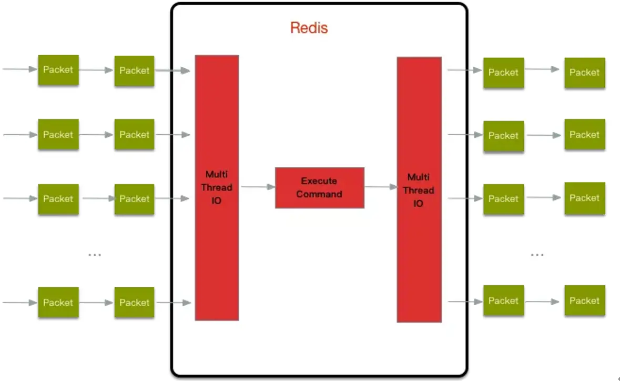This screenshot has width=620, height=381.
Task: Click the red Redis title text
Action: click(309, 28)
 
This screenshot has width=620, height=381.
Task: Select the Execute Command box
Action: click(320, 187)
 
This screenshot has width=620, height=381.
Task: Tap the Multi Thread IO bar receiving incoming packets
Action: click(217, 187)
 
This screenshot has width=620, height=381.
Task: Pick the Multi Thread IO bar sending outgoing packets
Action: click(419, 189)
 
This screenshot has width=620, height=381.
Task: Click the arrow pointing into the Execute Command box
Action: click(258, 187)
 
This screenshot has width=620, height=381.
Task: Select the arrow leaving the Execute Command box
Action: click(381, 187)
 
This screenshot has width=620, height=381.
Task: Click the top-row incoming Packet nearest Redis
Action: click(135, 71)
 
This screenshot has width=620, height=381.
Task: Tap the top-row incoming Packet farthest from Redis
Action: click(58, 70)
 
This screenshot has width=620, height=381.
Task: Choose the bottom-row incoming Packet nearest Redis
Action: click(135, 302)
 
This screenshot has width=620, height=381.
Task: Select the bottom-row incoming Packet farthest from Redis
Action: click(58, 302)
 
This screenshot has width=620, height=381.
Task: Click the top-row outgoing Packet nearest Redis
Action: click(503, 73)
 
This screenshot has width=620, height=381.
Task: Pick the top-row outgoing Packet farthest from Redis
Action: click(584, 73)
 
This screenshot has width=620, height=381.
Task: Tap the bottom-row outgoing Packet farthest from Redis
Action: click(584, 300)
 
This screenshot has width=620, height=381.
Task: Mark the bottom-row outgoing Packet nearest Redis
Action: click(503, 300)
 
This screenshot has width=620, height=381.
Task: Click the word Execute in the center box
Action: click(319, 181)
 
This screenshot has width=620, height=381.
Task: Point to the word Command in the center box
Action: click(319, 194)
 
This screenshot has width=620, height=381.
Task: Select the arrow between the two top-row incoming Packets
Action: click(96, 70)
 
